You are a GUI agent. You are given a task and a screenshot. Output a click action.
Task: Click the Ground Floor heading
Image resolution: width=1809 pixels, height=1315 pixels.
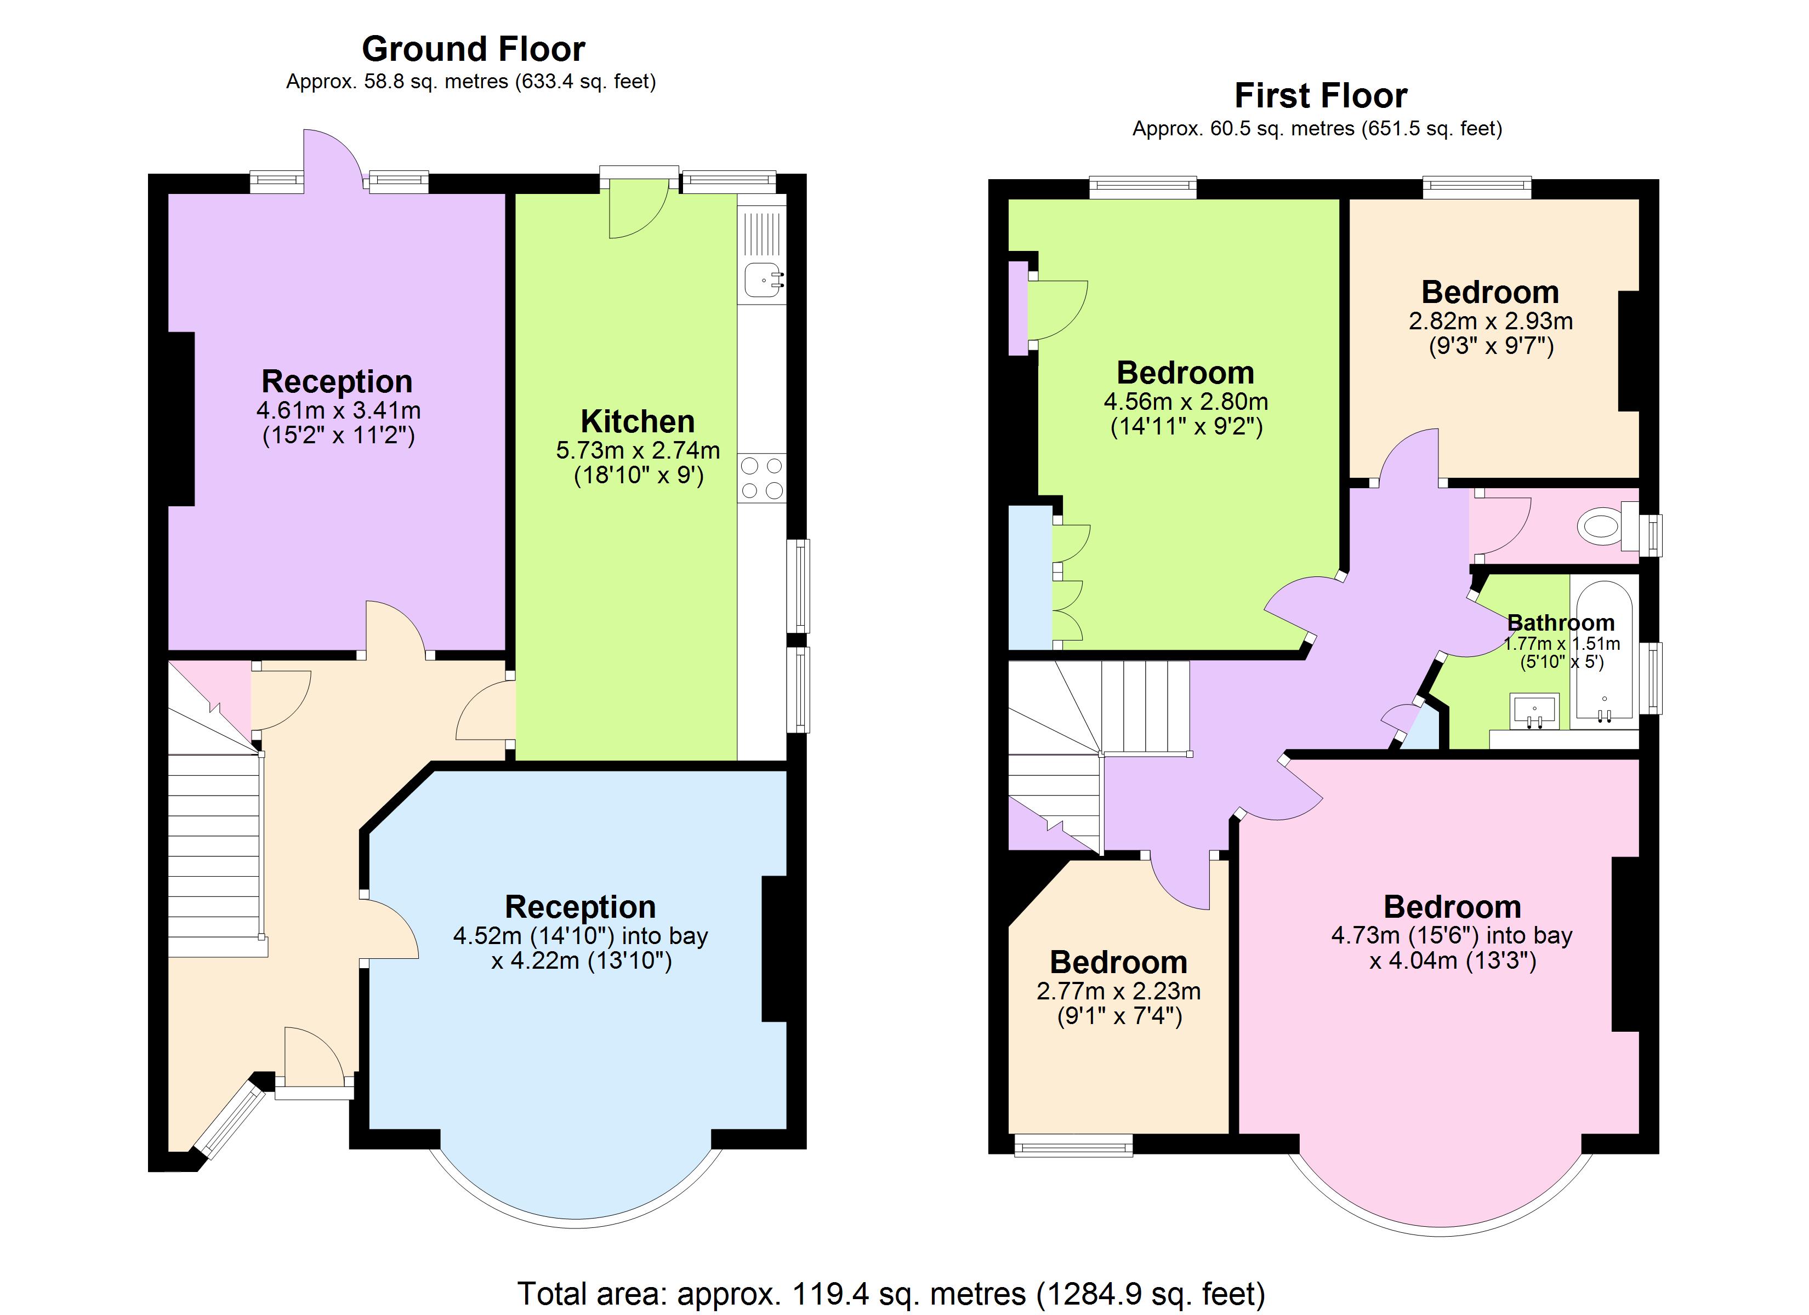tap(473, 49)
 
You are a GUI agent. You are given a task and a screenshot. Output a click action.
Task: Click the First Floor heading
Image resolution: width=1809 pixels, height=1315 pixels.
tap(1320, 96)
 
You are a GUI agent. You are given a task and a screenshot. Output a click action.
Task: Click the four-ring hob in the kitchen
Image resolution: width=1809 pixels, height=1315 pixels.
tap(762, 478)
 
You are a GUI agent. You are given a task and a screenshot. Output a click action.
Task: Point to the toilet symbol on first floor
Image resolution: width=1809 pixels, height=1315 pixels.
tap(1598, 527)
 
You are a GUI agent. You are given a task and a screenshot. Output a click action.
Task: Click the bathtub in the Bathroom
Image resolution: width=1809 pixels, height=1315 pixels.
tap(1604, 654)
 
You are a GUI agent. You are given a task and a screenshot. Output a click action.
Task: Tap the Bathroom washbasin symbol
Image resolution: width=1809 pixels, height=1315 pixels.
tap(1534, 710)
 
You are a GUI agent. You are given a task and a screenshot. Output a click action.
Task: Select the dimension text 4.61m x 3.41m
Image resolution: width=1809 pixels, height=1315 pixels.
tap(338, 411)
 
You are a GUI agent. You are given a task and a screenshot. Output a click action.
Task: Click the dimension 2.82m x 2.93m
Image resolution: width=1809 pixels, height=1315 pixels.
tap(1490, 322)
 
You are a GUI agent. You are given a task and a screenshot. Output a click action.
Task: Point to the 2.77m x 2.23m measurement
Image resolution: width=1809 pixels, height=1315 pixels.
tap(1118, 991)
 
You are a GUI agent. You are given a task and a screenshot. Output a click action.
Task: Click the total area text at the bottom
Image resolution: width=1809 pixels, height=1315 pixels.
tap(891, 1294)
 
